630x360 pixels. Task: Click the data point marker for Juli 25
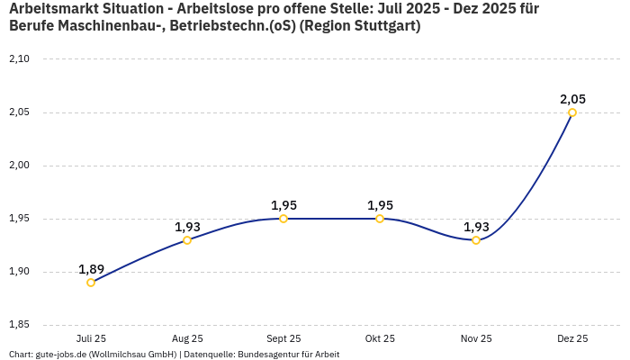pyautogui.click(x=91, y=283)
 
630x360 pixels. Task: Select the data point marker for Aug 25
pyautogui.click(x=187, y=240)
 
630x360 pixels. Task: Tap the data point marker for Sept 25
pyautogui.click(x=283, y=219)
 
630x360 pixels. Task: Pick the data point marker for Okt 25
pyautogui.click(x=380, y=219)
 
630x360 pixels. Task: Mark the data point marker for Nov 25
pyautogui.click(x=476, y=240)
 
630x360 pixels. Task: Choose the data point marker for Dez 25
pyautogui.click(x=572, y=112)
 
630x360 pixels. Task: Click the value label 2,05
pyautogui.click(x=572, y=99)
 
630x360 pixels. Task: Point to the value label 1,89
pyautogui.click(x=91, y=269)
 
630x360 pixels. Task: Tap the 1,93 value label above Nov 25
pyautogui.click(x=476, y=227)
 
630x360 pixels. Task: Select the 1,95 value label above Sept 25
pyautogui.click(x=283, y=205)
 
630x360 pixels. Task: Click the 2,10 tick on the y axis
pyautogui.click(x=19, y=59)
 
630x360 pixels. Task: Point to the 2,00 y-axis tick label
pyautogui.click(x=19, y=166)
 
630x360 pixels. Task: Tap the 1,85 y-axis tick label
pyautogui.click(x=19, y=325)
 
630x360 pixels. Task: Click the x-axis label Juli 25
pyautogui.click(x=91, y=338)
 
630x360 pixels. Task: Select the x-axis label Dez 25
pyautogui.click(x=572, y=338)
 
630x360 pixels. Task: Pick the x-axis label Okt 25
pyautogui.click(x=380, y=338)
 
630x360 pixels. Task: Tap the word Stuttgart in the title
pyautogui.click(x=383, y=26)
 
